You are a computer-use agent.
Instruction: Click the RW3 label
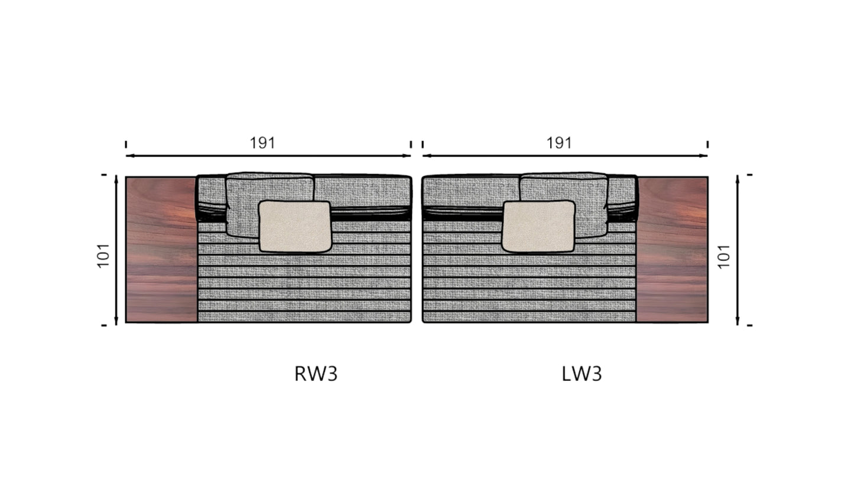click(316, 374)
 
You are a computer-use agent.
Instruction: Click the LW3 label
click(582, 374)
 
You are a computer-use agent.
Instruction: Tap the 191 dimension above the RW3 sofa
click(262, 143)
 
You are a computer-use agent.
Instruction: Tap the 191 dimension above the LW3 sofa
click(559, 143)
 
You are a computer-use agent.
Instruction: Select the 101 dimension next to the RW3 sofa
click(103, 256)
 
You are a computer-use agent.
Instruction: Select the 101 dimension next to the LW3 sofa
click(724, 257)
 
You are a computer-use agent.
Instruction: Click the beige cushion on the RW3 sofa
click(295, 226)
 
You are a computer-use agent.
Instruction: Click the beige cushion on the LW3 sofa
click(539, 226)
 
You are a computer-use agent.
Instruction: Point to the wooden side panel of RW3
click(162, 250)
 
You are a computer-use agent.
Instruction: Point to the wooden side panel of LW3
click(672, 250)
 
